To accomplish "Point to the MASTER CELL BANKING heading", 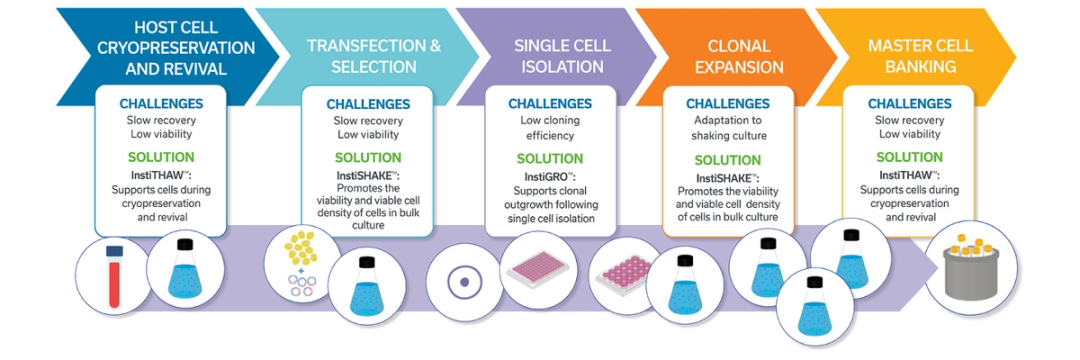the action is (x=920, y=56).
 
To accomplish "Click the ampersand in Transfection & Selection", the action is (x=435, y=46).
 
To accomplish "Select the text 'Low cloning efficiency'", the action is (x=550, y=127).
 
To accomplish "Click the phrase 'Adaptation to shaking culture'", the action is (x=728, y=127).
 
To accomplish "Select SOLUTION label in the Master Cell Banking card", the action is (x=909, y=157).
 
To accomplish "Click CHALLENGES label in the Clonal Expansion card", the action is (x=728, y=104).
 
